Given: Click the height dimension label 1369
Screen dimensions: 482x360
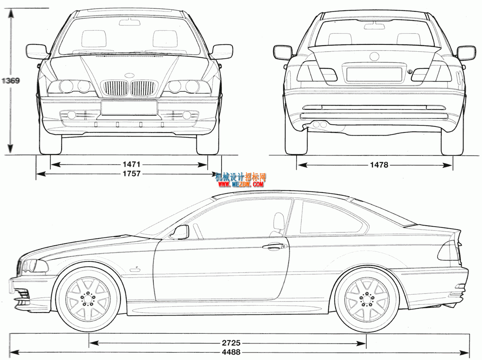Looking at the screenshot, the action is [x=11, y=81].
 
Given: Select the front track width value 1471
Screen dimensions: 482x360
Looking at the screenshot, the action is [x=131, y=164].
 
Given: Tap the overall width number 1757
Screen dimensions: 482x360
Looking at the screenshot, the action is [x=131, y=174].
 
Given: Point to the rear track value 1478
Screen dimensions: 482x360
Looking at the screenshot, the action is [x=379, y=165].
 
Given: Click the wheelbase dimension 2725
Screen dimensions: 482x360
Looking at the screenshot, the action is [x=231, y=343].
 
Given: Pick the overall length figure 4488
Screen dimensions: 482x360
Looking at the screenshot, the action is [x=231, y=352].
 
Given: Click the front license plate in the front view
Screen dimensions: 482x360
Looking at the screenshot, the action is [x=129, y=108].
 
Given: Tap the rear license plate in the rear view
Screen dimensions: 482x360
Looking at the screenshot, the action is [x=374, y=74].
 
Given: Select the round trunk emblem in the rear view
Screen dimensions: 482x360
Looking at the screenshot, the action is [x=374, y=57].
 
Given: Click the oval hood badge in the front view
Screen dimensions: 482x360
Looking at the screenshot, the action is [x=129, y=75].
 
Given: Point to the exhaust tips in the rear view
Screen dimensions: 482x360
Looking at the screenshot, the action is [x=320, y=125].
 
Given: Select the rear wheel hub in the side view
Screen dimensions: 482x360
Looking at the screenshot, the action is [x=366, y=299].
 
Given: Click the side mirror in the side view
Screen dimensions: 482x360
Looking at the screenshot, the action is [x=180, y=232].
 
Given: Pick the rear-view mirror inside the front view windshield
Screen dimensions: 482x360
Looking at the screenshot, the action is [x=130, y=22].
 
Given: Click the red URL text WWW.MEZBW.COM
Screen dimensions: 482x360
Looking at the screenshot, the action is [x=241, y=184].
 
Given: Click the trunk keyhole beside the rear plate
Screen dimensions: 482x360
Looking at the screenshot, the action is [x=410, y=71].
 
